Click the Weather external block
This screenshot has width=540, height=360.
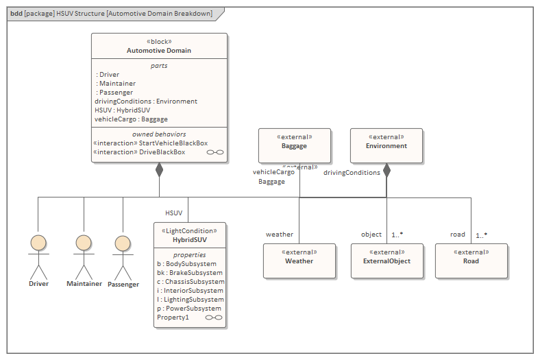coord(299,261)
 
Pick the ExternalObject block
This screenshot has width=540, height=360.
coord(386,261)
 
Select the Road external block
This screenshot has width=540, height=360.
coord(471,261)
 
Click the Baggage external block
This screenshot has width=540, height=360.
coord(294,145)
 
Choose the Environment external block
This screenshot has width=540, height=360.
coord(386,145)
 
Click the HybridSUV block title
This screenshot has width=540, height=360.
coord(190,241)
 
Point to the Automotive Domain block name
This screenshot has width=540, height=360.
coord(159,51)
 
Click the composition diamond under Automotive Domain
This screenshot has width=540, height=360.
coord(159,169)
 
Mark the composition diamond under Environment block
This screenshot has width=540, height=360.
coord(386,169)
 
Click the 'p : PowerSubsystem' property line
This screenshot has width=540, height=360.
coord(189,309)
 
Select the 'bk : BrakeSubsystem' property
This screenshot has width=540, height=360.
coord(189,273)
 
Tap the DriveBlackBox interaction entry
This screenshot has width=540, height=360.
coord(139,152)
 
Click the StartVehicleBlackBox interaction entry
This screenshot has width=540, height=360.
coord(150,143)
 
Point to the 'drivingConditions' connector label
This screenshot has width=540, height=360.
coord(352,173)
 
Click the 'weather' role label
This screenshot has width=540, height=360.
coord(279,235)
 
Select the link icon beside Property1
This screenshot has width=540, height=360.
coord(214,317)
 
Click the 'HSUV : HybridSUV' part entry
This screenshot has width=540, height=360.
coord(122,110)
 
